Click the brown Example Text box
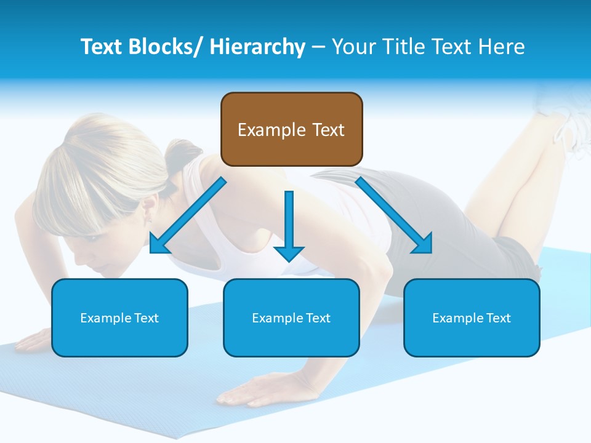[x=291, y=129]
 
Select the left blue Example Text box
[x=119, y=317]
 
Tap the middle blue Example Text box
[x=291, y=317]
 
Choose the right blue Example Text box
[x=472, y=317]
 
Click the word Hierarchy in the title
[x=257, y=47]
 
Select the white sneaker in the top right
[x=563, y=111]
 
